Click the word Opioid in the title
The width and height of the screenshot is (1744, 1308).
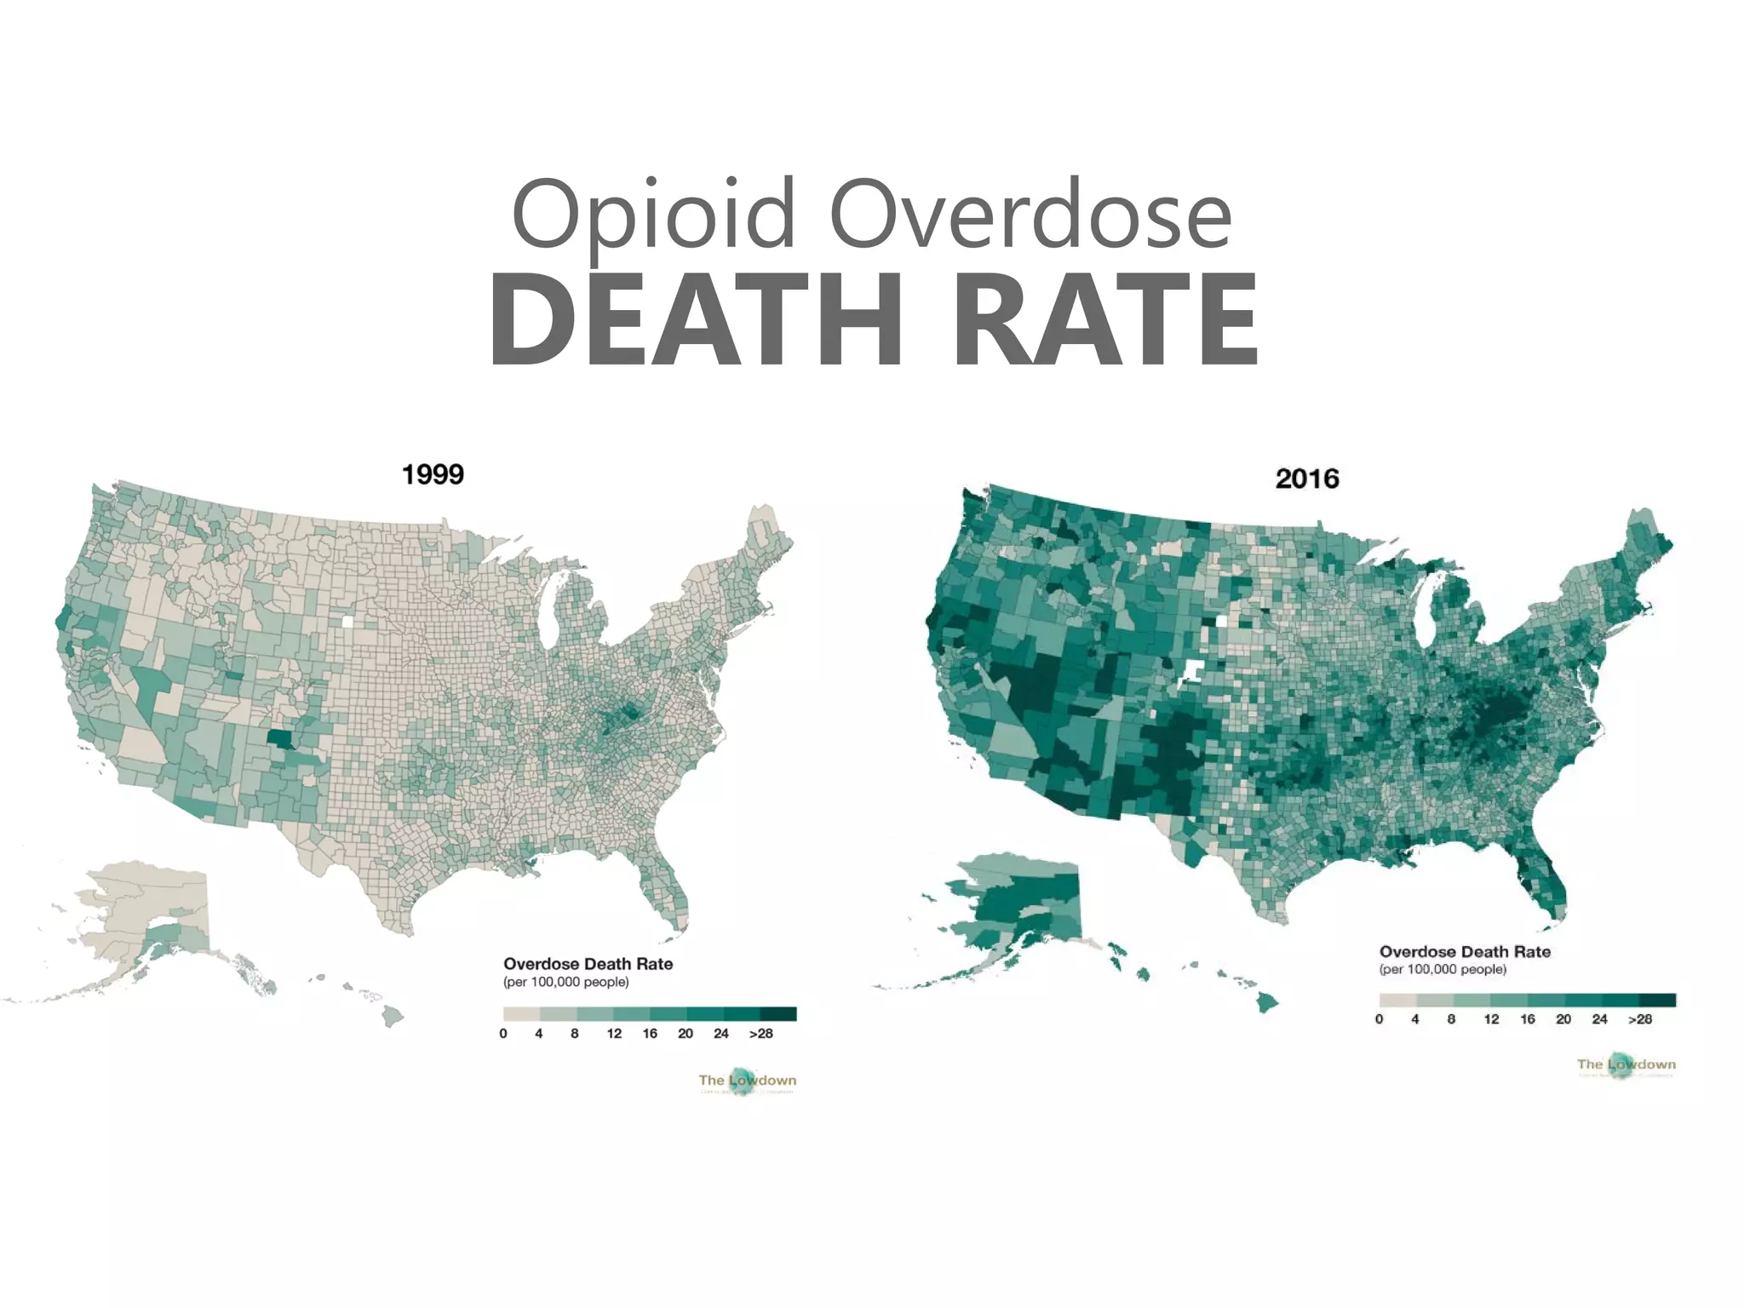click(x=653, y=213)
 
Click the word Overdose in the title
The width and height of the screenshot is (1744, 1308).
click(x=1030, y=213)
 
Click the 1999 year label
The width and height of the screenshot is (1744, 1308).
click(x=433, y=474)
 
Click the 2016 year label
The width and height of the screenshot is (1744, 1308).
click(x=1307, y=479)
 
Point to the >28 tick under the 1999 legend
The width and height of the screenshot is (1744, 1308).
click(x=760, y=1034)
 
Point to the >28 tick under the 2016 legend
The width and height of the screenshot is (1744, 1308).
click(x=1640, y=1019)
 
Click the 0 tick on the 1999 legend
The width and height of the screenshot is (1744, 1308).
click(x=503, y=1034)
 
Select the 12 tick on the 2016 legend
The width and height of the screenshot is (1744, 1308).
click(x=1491, y=1019)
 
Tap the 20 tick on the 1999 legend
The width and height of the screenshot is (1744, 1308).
click(x=686, y=1034)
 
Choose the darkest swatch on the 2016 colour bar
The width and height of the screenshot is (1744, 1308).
click(x=1657, y=1000)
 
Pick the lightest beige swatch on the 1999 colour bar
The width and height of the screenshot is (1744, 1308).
click(x=521, y=1013)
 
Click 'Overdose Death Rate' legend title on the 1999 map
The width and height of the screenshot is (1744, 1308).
click(x=588, y=964)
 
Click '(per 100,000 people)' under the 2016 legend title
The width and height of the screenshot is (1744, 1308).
click(x=1443, y=969)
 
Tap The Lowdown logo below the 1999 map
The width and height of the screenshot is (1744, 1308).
click(x=747, y=1081)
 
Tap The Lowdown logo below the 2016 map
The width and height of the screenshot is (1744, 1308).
click(x=1626, y=1064)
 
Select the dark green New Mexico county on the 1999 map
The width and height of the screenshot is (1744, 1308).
click(x=279, y=737)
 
